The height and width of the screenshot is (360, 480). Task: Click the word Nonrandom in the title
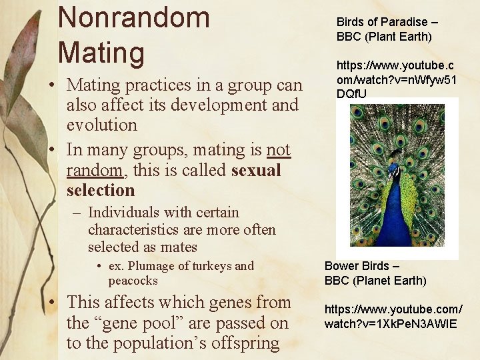[x=133, y=17]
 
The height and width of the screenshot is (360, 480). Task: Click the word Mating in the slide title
[x=101, y=53]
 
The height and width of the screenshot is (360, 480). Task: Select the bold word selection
[x=100, y=191]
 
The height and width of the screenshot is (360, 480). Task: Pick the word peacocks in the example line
[x=133, y=281]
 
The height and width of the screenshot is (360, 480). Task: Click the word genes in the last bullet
[x=229, y=303]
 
